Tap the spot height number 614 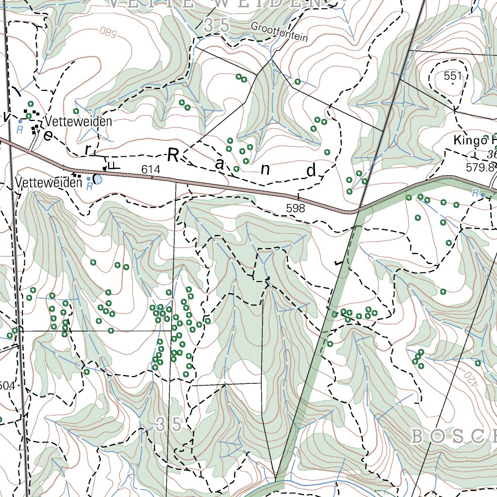pos(151,169)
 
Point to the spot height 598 pos(296,208)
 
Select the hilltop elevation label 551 pos(452,76)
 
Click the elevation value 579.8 pos(480,167)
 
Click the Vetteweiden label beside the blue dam pos(48,182)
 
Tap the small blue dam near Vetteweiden pos(98,180)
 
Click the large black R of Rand pos(174,155)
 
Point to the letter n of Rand pos(265,169)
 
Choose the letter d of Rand pos(311,170)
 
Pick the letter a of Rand pos(220,165)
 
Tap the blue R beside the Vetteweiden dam pos(89,186)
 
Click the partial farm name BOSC pos(454,437)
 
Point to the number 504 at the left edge pos(7,386)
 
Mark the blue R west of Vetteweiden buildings pos(20,130)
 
